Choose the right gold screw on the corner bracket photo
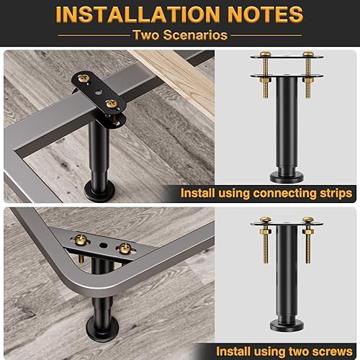(x=125, y=248)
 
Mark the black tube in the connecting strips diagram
(x=287, y=122)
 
